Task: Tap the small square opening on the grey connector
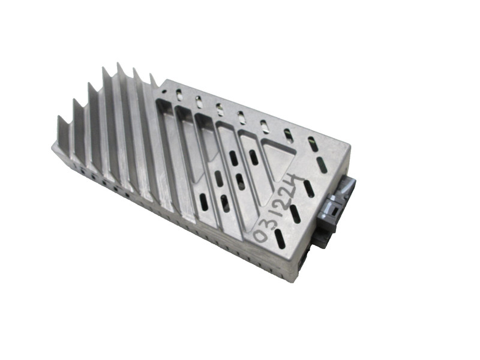[x=334, y=211]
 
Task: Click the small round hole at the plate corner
[x=164, y=91]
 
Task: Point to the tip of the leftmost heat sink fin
[x=58, y=116]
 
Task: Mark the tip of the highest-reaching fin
[x=118, y=63]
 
